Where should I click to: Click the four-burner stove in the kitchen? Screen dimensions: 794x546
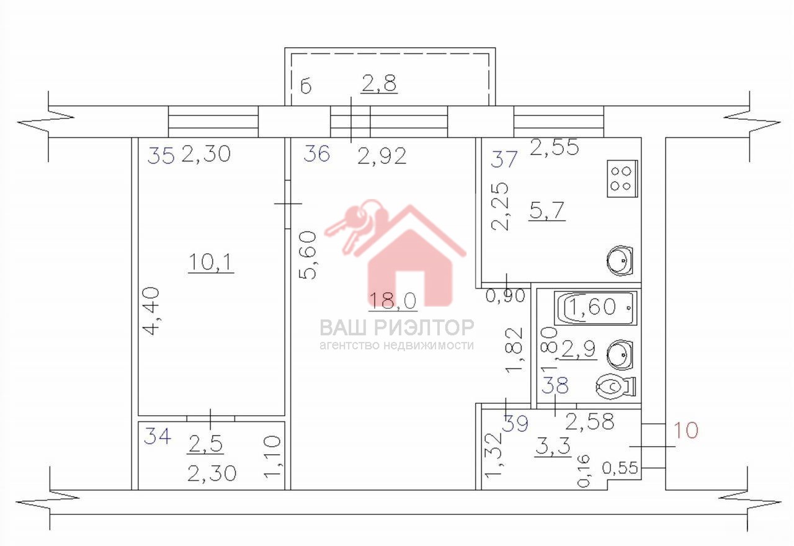(622, 179)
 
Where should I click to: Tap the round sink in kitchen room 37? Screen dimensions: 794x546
(619, 261)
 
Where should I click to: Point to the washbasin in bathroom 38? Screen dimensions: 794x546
(619, 355)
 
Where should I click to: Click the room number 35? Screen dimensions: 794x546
(161, 155)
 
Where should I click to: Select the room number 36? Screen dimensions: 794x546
(316, 154)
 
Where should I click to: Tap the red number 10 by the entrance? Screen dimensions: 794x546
(685, 430)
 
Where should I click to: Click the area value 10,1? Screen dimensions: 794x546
(210, 262)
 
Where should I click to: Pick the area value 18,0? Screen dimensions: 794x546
(393, 301)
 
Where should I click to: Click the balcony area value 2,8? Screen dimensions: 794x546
(378, 84)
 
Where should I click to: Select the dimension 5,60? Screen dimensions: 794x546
(307, 255)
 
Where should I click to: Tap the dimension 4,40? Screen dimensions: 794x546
(151, 311)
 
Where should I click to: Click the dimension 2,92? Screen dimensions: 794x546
(381, 156)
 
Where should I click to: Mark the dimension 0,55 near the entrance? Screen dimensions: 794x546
(620, 468)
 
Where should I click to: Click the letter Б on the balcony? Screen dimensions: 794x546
(306, 86)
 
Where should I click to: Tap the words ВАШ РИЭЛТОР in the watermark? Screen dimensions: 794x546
(397, 327)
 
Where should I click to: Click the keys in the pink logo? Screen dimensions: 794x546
(356, 225)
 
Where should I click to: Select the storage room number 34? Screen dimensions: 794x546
(158, 436)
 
